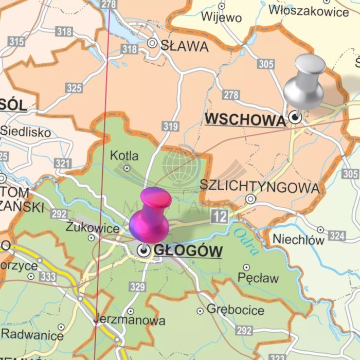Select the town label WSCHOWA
pos(245,120)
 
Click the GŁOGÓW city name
pos(188,251)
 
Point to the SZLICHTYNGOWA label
pos(259,187)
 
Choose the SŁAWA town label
pos(185,46)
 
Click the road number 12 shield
pos(219,217)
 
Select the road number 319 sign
pos(170,126)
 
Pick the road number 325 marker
pos(74,88)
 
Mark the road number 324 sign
pos(337,236)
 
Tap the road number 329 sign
pos(137,287)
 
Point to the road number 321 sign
pos(62,164)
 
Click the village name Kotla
pos(124,155)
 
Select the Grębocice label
pos(236,310)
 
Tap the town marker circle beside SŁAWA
pos(152,43)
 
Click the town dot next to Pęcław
pos(246,268)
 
